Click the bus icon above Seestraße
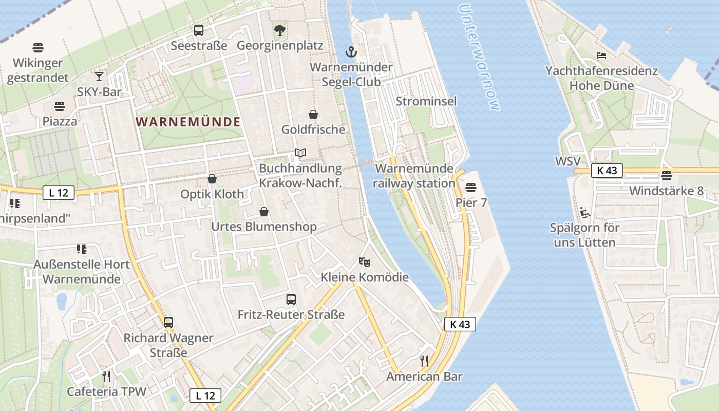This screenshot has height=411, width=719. pos(199,30)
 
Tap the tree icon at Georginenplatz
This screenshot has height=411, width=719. pos(280,30)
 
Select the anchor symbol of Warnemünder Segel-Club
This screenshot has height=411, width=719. pos(351,52)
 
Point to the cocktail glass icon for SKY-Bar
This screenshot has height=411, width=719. pos(99,77)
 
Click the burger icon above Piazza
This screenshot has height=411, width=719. pos(60,106)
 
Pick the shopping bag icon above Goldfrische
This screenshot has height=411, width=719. pos(313,114)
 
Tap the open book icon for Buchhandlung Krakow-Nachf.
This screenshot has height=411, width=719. pos(300,153)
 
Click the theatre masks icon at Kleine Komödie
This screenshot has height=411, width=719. pos(365,262)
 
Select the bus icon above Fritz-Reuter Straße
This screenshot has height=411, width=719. pos(291,299)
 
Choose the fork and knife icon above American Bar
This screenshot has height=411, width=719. pos(424,361)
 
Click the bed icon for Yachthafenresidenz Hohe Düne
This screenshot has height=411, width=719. pos(601,55)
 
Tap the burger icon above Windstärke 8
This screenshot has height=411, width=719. pos(667,176)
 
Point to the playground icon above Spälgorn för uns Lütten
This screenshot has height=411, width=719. pos(584,212)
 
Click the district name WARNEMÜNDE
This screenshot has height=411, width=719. pos(188,122)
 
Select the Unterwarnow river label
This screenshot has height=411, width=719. pos(480,58)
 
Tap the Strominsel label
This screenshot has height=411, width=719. pos(426,101)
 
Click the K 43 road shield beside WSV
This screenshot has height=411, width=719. pos(607,171)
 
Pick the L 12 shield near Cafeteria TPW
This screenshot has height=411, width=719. pos(205,396)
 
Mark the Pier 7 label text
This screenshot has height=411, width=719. pos(471,202)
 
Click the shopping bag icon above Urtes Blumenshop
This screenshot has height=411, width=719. pos(264,212)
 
